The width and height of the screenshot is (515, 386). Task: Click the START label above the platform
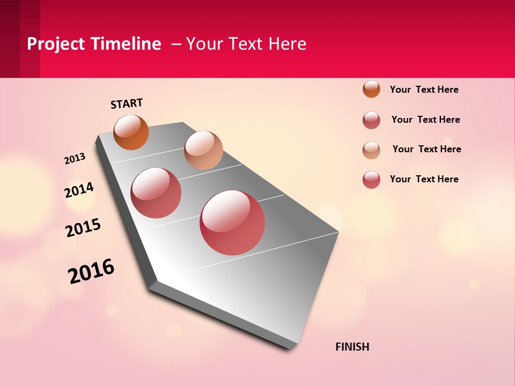click(127, 103)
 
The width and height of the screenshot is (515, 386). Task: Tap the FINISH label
click(352, 347)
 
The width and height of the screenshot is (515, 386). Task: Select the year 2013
click(75, 159)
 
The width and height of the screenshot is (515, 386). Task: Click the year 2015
click(83, 228)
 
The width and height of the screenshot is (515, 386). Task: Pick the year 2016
click(91, 271)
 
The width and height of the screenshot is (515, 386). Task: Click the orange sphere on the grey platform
click(131, 132)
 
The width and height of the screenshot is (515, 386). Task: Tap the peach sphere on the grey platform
click(203, 150)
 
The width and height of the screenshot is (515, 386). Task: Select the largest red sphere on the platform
click(232, 222)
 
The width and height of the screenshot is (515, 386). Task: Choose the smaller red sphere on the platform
click(156, 193)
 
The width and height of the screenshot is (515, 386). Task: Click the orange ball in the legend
click(371, 89)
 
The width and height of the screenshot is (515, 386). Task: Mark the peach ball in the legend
click(371, 150)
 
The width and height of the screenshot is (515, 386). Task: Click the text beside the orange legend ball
click(424, 90)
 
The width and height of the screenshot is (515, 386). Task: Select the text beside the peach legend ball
click(426, 149)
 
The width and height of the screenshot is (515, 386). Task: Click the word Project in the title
click(56, 44)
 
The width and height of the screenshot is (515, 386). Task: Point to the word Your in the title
click(203, 44)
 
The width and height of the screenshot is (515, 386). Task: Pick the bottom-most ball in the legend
click(371, 180)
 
